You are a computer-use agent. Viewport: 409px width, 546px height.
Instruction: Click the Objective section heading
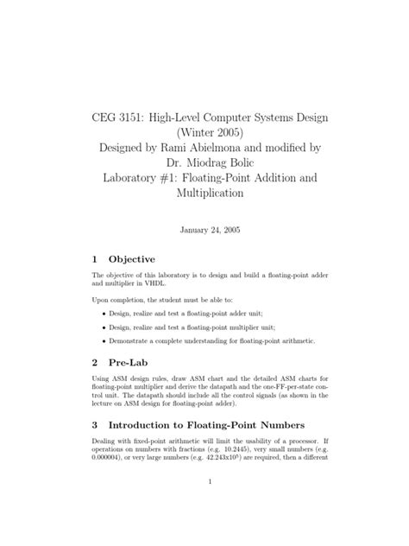130,258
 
